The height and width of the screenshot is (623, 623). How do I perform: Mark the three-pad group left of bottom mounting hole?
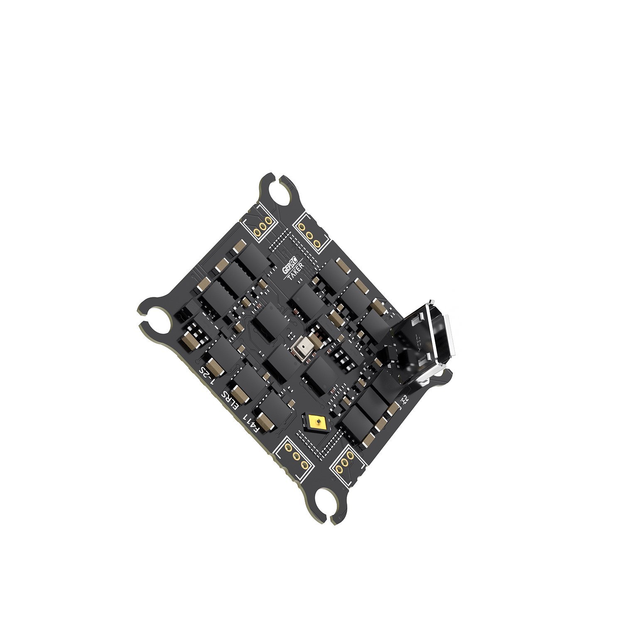(297, 456)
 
